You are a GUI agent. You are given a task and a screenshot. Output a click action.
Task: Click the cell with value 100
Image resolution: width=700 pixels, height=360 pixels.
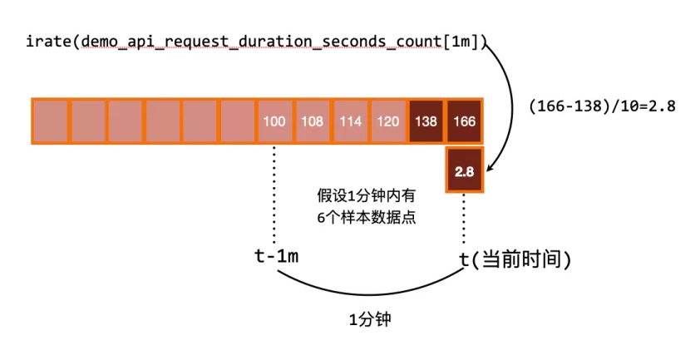274,121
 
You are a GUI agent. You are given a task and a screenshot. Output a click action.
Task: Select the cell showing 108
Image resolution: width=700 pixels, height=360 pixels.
312,121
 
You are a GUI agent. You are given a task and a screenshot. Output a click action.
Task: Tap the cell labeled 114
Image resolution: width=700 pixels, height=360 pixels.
349,121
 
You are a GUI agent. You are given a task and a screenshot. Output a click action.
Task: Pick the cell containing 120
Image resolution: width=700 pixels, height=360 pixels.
387,121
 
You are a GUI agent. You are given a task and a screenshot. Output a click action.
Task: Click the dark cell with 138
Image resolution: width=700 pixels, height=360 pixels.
425,121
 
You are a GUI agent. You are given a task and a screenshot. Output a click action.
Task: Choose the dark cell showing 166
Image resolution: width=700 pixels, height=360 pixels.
463,121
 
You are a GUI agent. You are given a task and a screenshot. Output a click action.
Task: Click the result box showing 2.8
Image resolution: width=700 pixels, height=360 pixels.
464,172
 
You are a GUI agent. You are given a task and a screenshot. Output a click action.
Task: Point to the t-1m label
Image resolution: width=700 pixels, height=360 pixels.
276,256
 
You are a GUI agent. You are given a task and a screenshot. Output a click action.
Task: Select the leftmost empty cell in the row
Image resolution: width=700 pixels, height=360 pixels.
50,121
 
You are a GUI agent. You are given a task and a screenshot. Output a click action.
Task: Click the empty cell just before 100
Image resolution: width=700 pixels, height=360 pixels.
237,121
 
